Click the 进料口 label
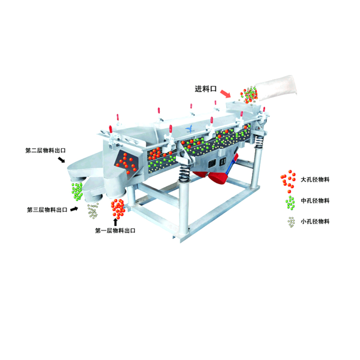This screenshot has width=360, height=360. coord(205,89)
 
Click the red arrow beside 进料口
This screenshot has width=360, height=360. coord(226,94)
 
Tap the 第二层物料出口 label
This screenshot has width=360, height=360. coord(46,151)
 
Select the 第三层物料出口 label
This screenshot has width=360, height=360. coord(47,210)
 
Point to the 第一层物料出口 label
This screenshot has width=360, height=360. coord(115,230)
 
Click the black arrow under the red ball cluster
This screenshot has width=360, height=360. coord(116,222)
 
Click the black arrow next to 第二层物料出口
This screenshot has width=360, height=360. coord(61,159)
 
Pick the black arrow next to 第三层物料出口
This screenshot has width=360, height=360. coord(74,209)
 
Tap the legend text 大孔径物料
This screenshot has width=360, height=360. coord(315,180)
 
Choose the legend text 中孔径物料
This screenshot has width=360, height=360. coord(315,201)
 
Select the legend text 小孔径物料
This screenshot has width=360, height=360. coord(315,222)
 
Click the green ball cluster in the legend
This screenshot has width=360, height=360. coord(290,203)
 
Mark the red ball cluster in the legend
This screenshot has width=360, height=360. coord(288,181)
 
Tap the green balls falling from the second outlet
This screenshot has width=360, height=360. coord(77,192)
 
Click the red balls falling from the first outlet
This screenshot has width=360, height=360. coord(118,209)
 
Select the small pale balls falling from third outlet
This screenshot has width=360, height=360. coord(93,211)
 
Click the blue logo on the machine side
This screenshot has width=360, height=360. coord(190,129)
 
